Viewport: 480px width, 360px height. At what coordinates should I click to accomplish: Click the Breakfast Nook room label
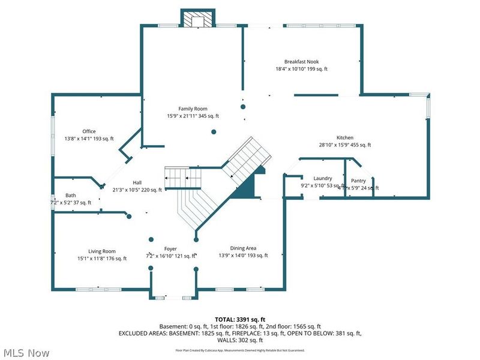[x=301, y=61]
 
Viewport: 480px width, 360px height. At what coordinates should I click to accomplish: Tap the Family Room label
[x=193, y=109]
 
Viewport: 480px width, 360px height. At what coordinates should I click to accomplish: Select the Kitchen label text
[x=344, y=137]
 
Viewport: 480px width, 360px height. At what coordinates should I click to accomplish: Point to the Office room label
[x=89, y=131]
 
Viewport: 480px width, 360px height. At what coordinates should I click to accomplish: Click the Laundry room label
[x=323, y=178]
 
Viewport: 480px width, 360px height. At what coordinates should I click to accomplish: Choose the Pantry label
[x=358, y=181]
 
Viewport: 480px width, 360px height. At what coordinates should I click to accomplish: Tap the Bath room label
[x=71, y=195]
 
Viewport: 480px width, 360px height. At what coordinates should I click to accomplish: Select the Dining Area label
[x=243, y=248]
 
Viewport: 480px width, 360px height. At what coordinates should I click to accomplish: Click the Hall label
[x=137, y=182]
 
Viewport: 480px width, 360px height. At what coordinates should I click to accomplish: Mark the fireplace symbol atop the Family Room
[x=198, y=19]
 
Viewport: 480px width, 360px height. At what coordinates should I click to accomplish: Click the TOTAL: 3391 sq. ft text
[x=239, y=319]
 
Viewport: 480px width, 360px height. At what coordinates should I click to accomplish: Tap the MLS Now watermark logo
[x=25, y=353]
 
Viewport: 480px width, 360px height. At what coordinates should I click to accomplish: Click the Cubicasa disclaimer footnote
[x=239, y=350]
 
